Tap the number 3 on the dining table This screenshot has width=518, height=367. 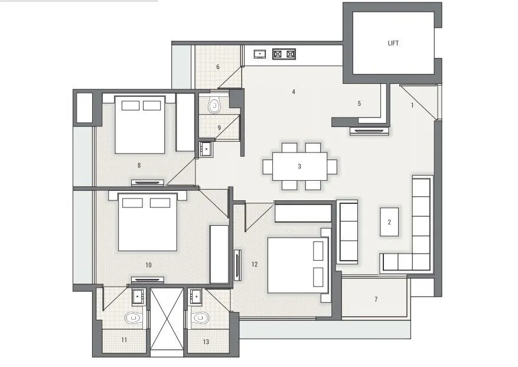[299, 167]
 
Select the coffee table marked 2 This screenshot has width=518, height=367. [389, 222]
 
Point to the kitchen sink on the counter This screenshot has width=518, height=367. [260, 54]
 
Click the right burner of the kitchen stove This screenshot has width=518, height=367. [290, 54]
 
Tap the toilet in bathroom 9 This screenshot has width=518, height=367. [215, 106]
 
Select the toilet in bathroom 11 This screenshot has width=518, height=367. [132, 318]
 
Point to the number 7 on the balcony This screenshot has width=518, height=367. [376, 300]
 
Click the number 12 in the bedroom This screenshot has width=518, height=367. [255, 264]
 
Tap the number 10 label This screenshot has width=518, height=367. [148, 265]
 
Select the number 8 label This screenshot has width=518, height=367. [139, 165]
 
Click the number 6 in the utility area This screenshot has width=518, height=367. [218, 67]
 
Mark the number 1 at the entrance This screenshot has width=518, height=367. [412, 105]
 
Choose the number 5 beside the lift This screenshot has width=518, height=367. [359, 104]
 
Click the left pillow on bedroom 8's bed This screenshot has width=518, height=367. [131, 105]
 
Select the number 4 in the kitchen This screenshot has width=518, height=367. [293, 92]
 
